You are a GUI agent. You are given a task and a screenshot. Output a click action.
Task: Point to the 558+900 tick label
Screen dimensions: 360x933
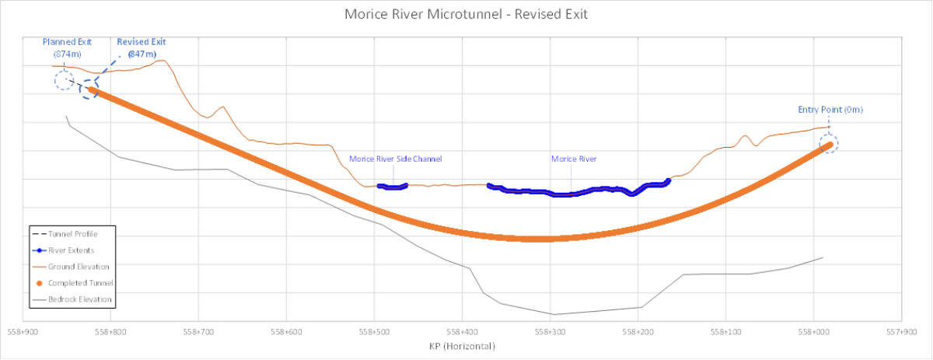23,331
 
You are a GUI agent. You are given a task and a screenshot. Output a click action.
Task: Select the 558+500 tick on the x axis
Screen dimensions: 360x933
375,331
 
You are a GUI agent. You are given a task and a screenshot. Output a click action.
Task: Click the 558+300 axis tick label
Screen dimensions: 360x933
550,331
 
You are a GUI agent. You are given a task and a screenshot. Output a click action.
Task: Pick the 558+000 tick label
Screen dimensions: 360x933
813,331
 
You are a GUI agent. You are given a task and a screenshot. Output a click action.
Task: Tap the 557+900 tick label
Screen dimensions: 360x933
901,331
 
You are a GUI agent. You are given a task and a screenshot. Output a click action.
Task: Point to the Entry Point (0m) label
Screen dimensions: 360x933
830,110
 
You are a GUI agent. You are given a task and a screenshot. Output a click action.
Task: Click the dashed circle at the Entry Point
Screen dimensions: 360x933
830,143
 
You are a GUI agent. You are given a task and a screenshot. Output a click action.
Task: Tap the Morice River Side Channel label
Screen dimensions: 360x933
395,159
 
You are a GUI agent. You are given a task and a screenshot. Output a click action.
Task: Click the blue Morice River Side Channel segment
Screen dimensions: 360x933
393,187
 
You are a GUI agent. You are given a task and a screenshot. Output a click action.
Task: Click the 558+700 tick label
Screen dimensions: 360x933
199,331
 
